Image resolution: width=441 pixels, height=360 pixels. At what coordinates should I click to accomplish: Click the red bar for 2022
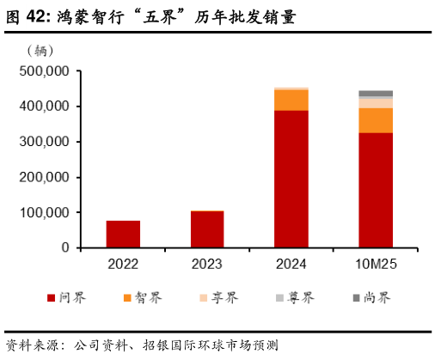123,234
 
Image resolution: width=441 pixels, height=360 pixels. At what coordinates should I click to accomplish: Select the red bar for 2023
207,229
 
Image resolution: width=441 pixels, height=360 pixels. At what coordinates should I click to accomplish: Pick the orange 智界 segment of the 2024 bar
291,100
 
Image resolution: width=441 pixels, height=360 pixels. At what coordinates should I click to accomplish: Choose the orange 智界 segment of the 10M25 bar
376,120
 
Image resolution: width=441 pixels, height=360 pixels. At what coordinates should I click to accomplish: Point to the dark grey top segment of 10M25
376,94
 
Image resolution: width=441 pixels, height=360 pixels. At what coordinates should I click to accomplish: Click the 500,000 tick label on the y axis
42,71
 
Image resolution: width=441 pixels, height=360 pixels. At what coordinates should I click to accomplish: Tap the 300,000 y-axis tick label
42,142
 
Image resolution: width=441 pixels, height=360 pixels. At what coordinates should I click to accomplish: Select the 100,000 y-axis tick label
42,212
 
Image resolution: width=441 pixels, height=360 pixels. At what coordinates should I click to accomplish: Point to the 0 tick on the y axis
64,247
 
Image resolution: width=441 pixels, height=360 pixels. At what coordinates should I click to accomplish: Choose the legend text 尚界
378,298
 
